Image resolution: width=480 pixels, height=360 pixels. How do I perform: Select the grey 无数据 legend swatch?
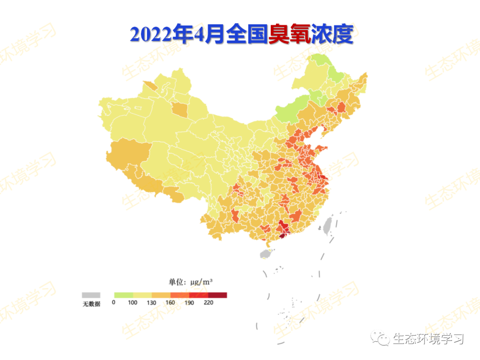91,295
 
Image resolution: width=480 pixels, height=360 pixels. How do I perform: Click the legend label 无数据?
91,304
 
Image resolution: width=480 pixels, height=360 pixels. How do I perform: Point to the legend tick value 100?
132,303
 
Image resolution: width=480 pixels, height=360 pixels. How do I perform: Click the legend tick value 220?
208,303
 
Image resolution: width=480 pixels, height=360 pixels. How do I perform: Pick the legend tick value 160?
171,303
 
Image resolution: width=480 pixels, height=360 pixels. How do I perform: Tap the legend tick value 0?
114,303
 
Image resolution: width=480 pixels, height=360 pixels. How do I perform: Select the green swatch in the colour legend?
123,295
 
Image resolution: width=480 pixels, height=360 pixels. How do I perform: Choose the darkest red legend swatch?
217,295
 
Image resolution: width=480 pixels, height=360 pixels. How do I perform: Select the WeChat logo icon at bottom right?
380,339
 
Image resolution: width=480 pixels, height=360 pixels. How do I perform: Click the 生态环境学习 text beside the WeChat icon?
428,339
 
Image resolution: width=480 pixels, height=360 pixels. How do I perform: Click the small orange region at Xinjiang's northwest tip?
150,86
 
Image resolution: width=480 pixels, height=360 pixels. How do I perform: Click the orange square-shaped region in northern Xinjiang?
179,109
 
